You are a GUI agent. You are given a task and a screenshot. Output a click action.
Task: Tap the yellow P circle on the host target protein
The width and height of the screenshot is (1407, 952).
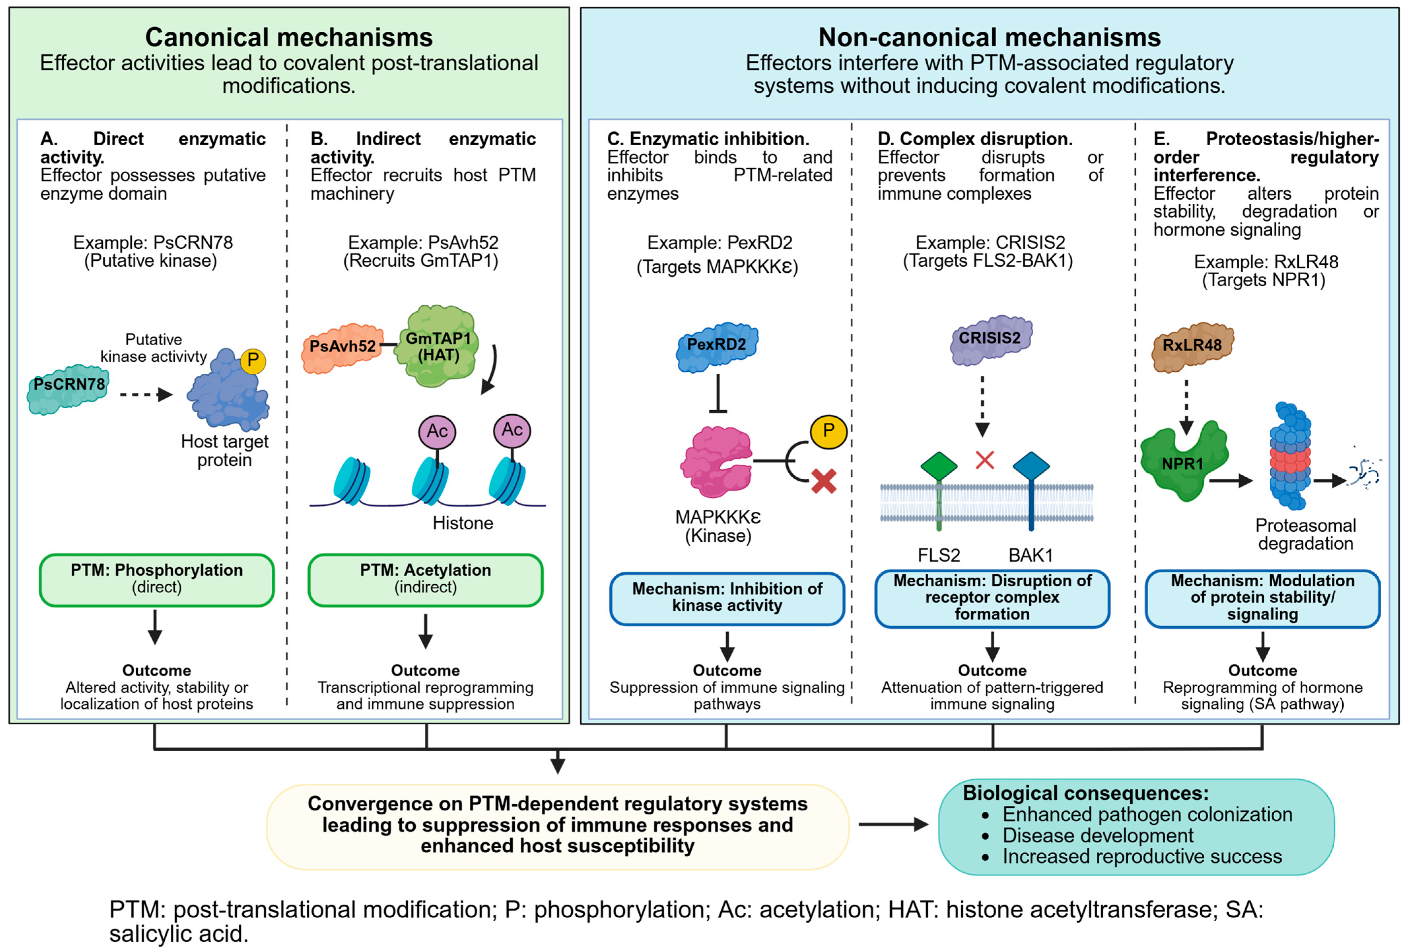point(253,361)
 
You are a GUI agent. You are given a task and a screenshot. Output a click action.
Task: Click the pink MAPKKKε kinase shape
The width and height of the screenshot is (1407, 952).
point(717,462)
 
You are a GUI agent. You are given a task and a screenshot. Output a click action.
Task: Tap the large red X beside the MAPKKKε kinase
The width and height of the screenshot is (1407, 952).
point(824,482)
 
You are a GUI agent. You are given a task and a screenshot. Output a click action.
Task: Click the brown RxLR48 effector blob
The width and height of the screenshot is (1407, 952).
point(1192,347)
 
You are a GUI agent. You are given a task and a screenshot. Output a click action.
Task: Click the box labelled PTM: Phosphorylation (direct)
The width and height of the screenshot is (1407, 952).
point(157,580)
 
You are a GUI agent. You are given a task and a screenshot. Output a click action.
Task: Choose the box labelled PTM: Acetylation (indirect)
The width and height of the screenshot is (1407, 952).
point(426,580)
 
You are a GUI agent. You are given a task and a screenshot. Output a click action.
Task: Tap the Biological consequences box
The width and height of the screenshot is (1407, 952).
point(1136,826)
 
